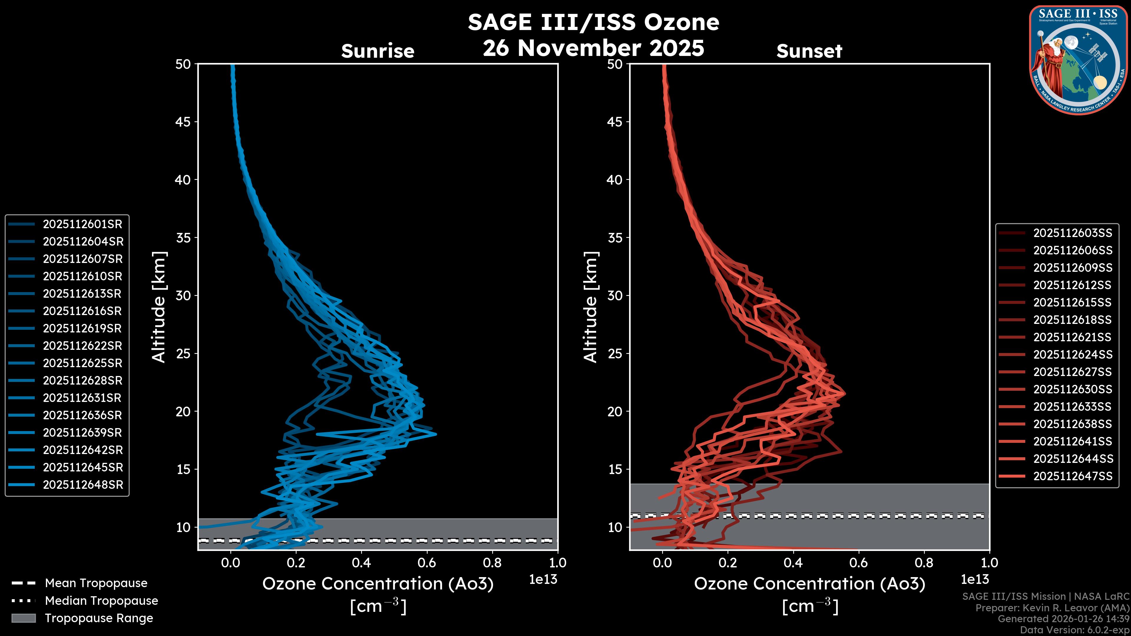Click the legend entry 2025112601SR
82,224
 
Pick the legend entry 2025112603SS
1073,233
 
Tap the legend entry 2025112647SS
1073,476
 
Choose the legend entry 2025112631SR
82,398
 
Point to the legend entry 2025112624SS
1073,355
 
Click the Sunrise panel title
378,51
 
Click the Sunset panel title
809,51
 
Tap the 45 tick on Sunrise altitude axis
183,122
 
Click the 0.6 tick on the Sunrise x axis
427,563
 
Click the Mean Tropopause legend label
96,583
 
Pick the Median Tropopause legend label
101,601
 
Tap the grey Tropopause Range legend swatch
23,618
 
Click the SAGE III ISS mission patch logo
1078,60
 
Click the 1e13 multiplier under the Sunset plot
975,580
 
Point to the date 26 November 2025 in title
593,48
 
